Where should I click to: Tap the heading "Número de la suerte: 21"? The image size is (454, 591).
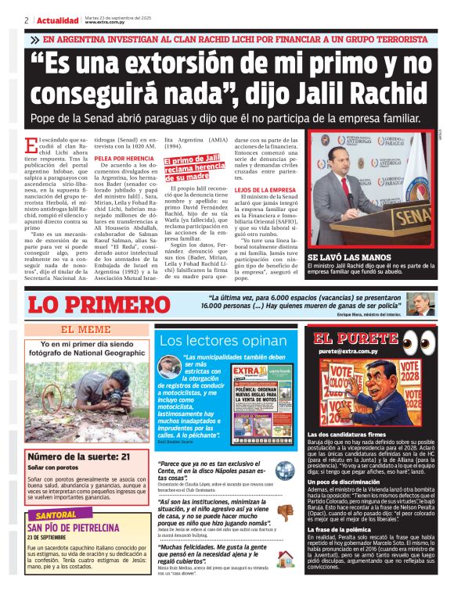point(79,457)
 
